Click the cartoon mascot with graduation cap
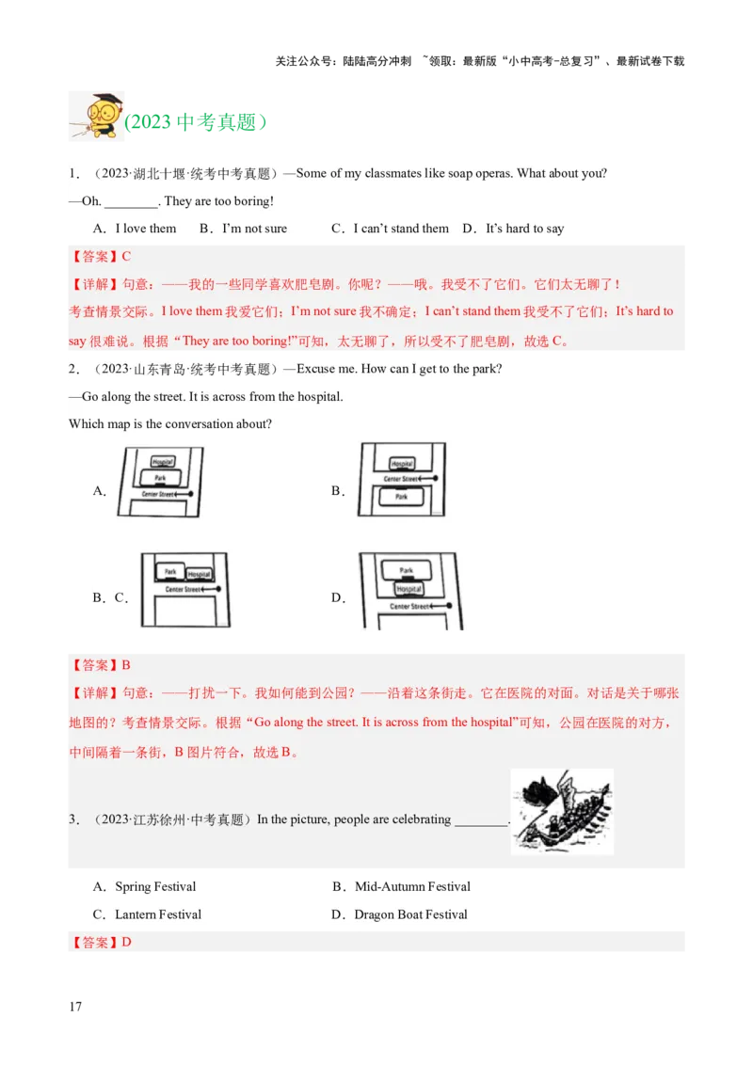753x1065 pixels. [x=98, y=117]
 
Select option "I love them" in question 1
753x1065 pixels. [x=145, y=229]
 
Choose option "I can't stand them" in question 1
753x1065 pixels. [x=400, y=229]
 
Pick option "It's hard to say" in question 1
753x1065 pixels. [x=524, y=229]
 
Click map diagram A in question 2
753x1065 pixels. [x=160, y=482]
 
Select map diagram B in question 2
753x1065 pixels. [x=401, y=480]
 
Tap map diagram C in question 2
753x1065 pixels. [x=184, y=590]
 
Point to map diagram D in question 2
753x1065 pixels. [x=410, y=591]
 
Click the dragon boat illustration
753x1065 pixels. [x=562, y=812]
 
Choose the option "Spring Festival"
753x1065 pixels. [x=155, y=887]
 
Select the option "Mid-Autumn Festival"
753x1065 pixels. [x=412, y=887]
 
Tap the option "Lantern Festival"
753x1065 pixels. [x=158, y=914]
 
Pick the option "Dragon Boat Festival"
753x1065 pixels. [x=410, y=914]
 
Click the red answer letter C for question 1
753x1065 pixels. [x=126, y=256]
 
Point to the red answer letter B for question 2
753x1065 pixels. [x=126, y=665]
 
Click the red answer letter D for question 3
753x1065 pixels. [x=126, y=942]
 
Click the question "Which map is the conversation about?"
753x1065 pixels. [x=170, y=424]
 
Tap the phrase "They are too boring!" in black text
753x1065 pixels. [x=219, y=201]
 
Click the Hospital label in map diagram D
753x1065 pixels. [x=409, y=589]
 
